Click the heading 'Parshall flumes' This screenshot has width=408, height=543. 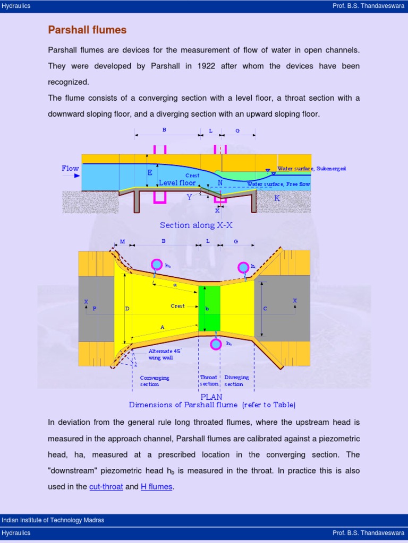pyautogui.click(x=87, y=30)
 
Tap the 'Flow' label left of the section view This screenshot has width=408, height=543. pyautogui.click(x=70, y=169)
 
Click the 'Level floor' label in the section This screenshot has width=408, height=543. pyautogui.click(x=177, y=183)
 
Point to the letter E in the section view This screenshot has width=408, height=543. pyautogui.click(x=150, y=172)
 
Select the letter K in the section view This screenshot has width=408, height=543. pyautogui.click(x=277, y=198)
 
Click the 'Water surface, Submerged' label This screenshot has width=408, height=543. pyautogui.click(x=311, y=169)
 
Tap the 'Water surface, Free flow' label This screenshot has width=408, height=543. pyautogui.click(x=278, y=184)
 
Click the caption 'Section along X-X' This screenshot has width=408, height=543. pyautogui.click(x=196, y=225)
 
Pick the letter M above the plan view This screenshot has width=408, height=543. pyautogui.click(x=122, y=241)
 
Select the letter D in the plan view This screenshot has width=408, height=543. pyautogui.click(x=127, y=308)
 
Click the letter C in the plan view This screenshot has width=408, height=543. pyautogui.click(x=265, y=308)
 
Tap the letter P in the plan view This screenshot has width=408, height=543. pyautogui.click(x=95, y=308)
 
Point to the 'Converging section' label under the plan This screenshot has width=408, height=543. pyautogui.click(x=155, y=381)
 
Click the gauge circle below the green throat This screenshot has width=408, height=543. pyautogui.click(x=216, y=344)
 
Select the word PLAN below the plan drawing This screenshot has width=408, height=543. pyautogui.click(x=211, y=397)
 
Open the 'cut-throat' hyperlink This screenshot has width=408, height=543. pyautogui.click(x=106, y=486)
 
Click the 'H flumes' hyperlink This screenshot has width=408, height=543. pyautogui.click(x=156, y=486)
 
